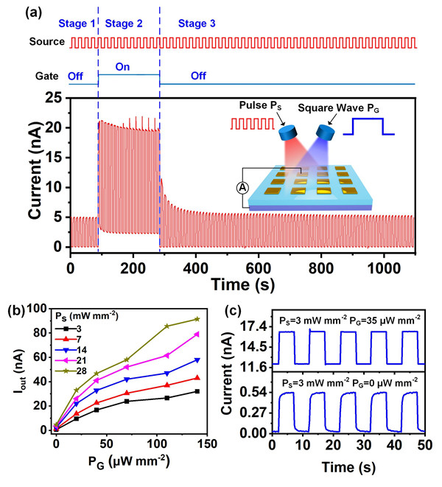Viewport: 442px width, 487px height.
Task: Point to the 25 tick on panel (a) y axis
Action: click(52, 97)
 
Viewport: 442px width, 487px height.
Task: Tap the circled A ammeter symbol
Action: click(241, 187)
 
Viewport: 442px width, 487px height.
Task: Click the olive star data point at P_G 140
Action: click(197, 319)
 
